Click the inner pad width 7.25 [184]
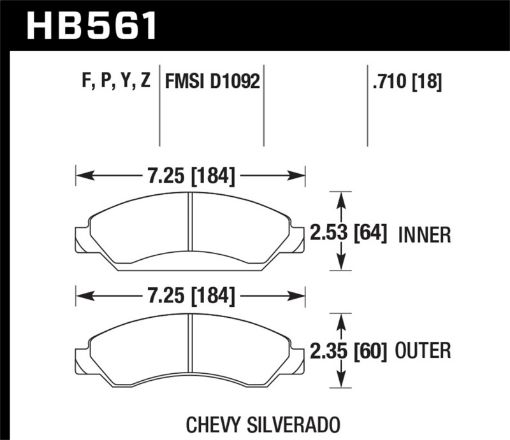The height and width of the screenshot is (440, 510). [x=190, y=176]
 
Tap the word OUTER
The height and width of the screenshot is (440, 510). [x=426, y=351]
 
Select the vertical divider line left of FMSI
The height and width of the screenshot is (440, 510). [x=161, y=110]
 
